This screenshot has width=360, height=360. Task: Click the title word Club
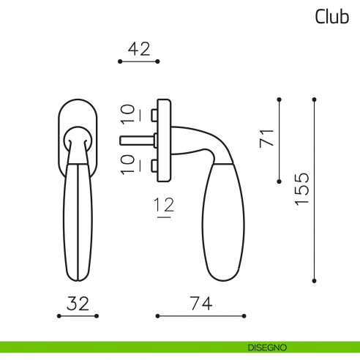click(x=331, y=17)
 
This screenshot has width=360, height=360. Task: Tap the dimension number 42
click(x=138, y=49)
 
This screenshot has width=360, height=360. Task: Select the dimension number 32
click(x=78, y=303)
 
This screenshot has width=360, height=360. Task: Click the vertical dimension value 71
click(x=266, y=138)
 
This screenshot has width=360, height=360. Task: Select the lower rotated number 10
click(x=127, y=163)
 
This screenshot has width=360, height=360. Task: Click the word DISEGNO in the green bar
click(x=266, y=346)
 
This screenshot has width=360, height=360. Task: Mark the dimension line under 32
click(x=78, y=316)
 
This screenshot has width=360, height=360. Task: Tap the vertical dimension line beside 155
click(x=314, y=189)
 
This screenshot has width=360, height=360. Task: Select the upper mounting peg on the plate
click(x=151, y=115)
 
